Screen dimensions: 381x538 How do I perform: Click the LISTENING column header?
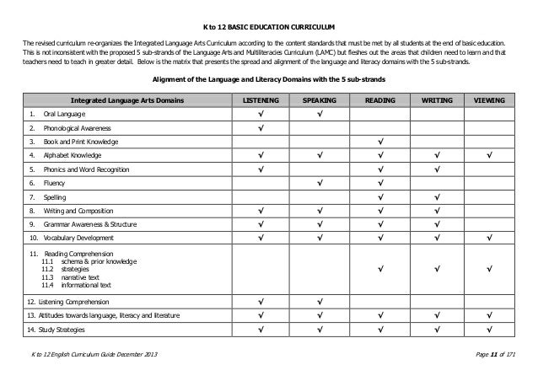(x=261, y=99)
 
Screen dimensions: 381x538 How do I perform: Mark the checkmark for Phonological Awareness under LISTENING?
(x=261, y=128)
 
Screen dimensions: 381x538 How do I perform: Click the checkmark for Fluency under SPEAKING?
(x=320, y=183)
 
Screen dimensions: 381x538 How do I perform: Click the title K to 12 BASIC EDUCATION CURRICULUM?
(x=268, y=26)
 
